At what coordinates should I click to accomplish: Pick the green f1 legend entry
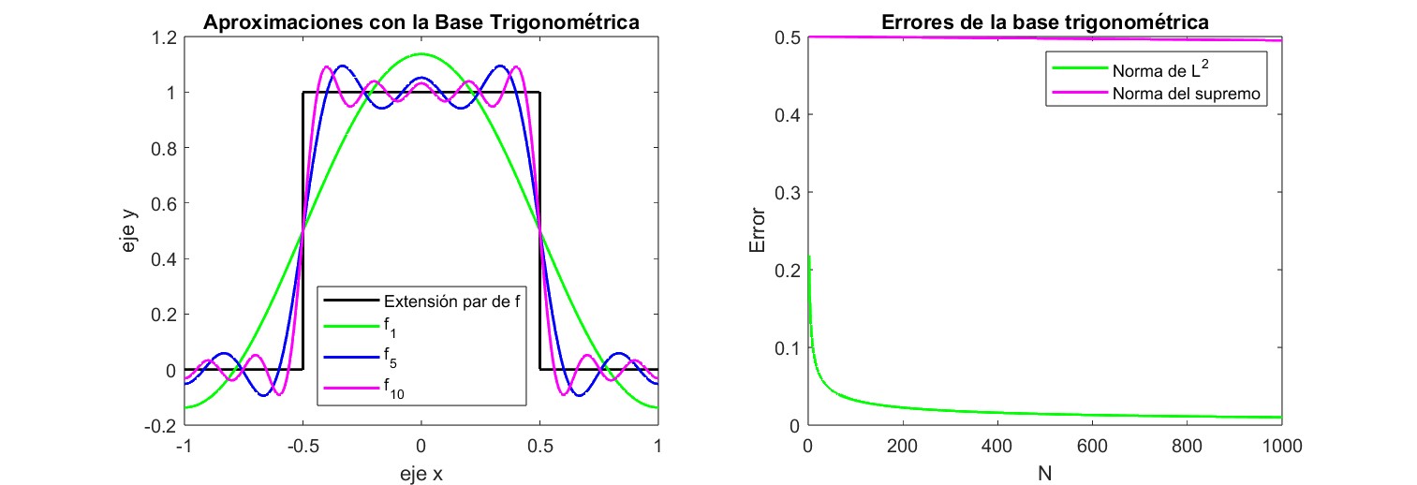391,329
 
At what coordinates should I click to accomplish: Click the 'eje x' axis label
421,474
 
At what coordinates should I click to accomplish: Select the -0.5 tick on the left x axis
302,446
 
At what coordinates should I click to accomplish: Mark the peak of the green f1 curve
421,54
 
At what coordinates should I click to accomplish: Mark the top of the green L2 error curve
809,256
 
